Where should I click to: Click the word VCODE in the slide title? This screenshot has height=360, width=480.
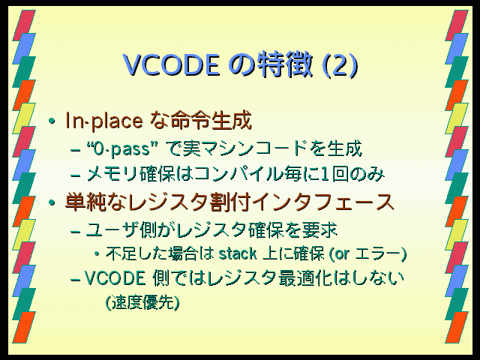(172, 64)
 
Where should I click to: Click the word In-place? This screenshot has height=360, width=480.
(104, 121)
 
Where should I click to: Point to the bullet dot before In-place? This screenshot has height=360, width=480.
(52, 121)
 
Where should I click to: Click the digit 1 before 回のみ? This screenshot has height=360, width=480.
(324, 175)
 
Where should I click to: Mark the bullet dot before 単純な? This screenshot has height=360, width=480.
(52, 202)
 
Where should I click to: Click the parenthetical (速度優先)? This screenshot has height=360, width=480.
(142, 302)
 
